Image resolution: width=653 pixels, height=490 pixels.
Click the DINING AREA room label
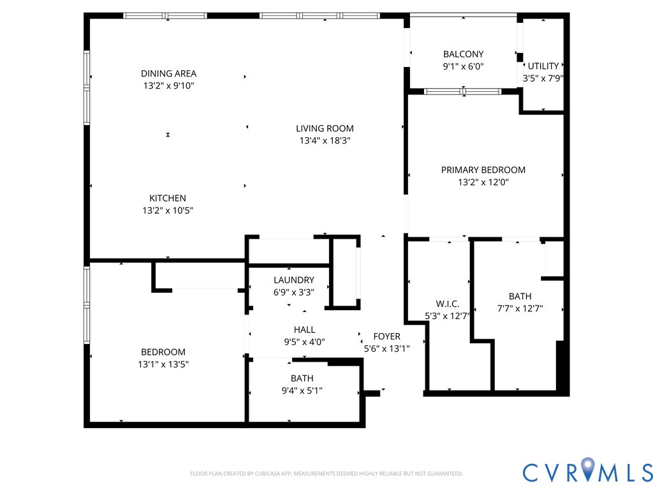click(x=168, y=73)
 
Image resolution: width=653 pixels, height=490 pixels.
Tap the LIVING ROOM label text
click(x=325, y=128)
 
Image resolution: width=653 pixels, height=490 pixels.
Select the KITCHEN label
click(x=168, y=198)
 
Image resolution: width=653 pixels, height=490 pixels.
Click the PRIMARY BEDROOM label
click(x=483, y=170)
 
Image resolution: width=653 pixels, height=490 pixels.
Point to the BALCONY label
click(x=464, y=54)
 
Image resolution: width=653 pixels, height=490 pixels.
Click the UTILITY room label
click(x=543, y=66)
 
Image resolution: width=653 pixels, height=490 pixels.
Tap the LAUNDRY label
click(x=294, y=279)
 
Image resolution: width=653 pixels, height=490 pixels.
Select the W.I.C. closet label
click(x=448, y=304)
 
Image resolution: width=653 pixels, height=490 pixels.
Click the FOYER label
click(x=386, y=336)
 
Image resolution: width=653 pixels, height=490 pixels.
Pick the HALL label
click(x=304, y=329)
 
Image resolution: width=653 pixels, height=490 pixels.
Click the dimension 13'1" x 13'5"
click(x=163, y=364)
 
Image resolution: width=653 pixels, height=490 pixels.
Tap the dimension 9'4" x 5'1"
click(x=302, y=390)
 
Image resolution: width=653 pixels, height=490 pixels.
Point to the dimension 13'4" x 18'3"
click(x=325, y=140)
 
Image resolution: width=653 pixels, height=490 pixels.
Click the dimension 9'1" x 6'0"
click(x=464, y=66)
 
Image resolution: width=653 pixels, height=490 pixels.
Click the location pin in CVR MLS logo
click(x=587, y=470)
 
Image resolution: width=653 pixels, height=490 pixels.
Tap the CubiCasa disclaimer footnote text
click(x=326, y=473)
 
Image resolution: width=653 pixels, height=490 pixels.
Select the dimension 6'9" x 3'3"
click(x=294, y=292)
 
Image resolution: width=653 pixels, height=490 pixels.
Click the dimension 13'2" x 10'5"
click(x=168, y=210)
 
